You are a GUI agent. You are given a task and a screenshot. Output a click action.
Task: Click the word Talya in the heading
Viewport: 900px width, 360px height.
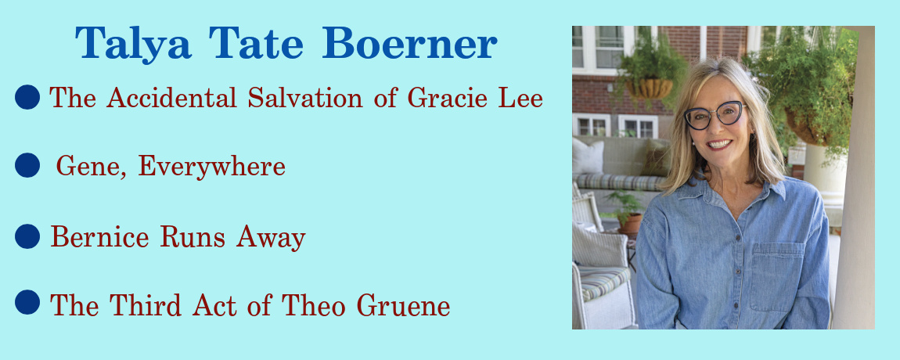click(132, 44)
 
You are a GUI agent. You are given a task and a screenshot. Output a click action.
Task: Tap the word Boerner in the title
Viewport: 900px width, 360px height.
click(409, 44)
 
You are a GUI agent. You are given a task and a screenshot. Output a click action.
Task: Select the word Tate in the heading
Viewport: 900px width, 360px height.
click(256, 44)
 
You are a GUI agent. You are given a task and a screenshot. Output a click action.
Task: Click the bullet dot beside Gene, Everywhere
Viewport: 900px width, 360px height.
click(27, 165)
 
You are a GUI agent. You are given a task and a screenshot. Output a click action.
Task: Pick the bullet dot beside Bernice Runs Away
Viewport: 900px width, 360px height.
click(27, 236)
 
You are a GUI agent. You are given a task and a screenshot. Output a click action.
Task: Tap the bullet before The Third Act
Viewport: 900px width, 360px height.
click(27, 303)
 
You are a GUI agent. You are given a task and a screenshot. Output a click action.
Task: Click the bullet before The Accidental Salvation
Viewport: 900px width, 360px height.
click(27, 96)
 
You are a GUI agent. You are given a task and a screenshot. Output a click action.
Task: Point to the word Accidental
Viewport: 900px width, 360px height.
click(171, 97)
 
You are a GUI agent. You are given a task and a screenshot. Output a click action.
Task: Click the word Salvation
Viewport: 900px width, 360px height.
click(305, 97)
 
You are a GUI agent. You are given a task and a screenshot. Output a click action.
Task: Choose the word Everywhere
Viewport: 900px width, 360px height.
click(212, 167)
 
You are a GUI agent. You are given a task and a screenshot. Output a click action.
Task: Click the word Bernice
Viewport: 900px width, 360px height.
click(99, 236)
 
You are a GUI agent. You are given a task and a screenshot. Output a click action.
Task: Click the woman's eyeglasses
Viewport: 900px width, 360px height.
click(715, 115)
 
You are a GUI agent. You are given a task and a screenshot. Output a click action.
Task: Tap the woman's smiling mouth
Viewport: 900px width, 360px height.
click(719, 144)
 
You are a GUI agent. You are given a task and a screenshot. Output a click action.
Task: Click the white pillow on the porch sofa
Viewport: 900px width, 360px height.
click(588, 157)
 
